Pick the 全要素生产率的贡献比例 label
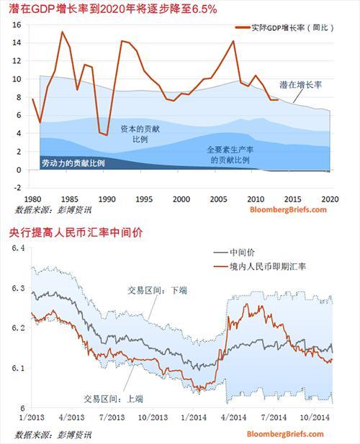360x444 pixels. click(x=229, y=155)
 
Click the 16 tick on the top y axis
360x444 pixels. click(x=17, y=24)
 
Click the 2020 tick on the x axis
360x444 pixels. click(x=330, y=199)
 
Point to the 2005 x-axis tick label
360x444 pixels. click(x=218, y=199)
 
